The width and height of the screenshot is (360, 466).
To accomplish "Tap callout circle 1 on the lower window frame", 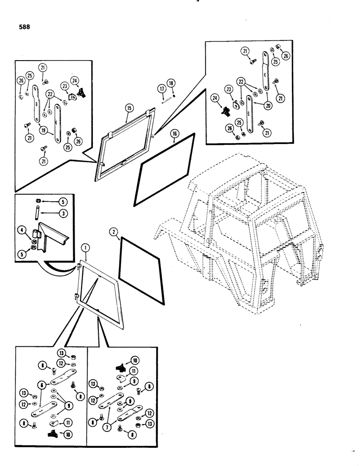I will [84, 247].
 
